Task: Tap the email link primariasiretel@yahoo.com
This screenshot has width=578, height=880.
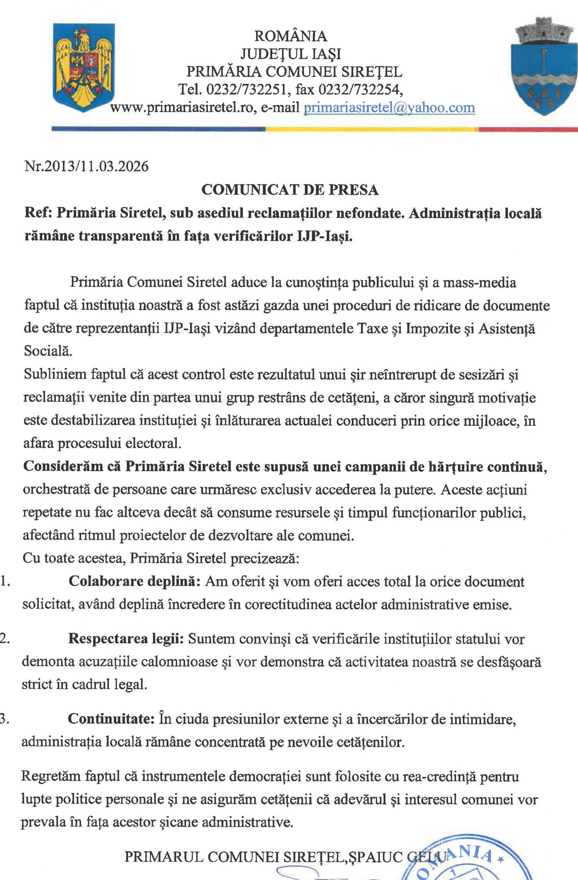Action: click(x=389, y=108)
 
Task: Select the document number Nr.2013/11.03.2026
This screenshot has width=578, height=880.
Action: click(x=87, y=166)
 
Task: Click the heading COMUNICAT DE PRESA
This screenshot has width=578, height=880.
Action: click(x=290, y=190)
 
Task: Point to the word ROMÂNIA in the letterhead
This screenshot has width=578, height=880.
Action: click(x=290, y=36)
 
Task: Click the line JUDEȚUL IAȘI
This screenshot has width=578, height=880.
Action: click(x=290, y=54)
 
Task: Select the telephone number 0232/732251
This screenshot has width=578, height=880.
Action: click(x=247, y=90)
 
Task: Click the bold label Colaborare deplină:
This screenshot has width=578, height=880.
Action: click(x=134, y=582)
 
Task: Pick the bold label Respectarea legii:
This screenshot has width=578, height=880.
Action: click(x=126, y=639)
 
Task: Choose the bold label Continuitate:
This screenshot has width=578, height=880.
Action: click(x=111, y=719)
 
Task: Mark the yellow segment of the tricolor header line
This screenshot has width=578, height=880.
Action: click(x=372, y=129)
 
